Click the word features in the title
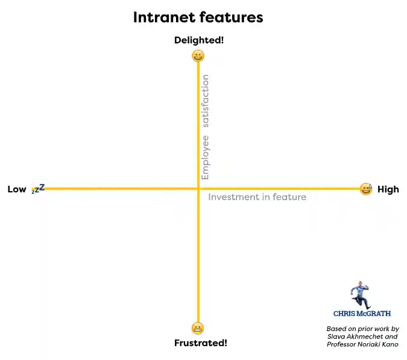click(x=231, y=17)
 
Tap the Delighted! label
click(x=198, y=40)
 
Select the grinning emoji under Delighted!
click(x=198, y=56)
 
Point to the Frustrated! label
click(x=200, y=343)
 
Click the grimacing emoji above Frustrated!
click(x=198, y=328)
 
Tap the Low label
click(x=17, y=189)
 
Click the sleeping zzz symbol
click(x=38, y=189)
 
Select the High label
click(x=388, y=189)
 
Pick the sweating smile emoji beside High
click(x=365, y=189)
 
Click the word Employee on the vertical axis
click(x=206, y=157)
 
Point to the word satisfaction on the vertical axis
click(x=206, y=101)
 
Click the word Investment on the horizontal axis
click(x=231, y=197)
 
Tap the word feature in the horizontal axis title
click(x=289, y=197)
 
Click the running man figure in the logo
click(x=361, y=295)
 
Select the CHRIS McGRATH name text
click(x=362, y=314)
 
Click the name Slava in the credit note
click(x=338, y=336)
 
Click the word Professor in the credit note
click(x=345, y=344)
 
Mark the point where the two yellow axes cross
click(x=198, y=189)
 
